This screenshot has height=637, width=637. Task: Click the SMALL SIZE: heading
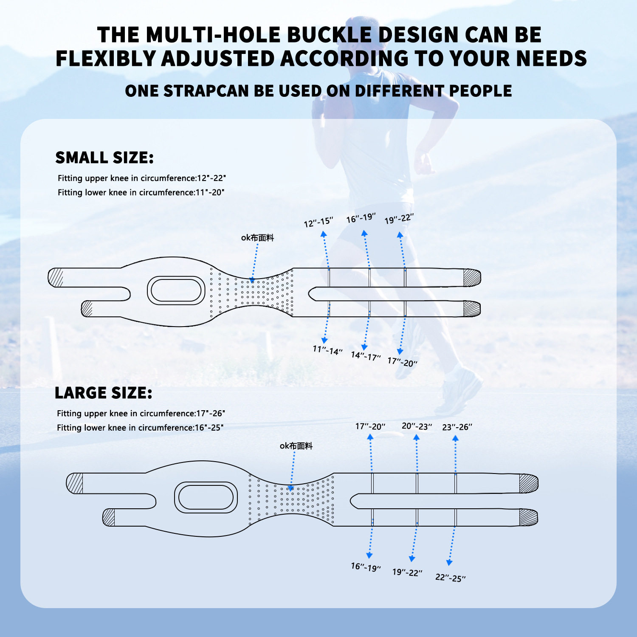[x=104, y=158]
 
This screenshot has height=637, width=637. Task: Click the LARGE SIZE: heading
[x=103, y=393]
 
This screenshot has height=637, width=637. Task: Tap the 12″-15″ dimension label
[x=318, y=222]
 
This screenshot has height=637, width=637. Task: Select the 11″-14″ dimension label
[x=327, y=350]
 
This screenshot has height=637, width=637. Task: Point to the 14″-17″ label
[x=366, y=356]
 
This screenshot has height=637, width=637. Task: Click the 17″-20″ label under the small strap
[x=403, y=362]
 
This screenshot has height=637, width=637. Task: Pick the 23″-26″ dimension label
[x=457, y=427]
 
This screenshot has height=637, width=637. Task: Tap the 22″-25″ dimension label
[x=450, y=578]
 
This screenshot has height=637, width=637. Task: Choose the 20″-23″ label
[x=417, y=426]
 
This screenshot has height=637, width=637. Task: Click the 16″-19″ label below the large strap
[x=366, y=567]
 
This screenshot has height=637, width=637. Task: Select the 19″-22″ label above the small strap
[x=399, y=219]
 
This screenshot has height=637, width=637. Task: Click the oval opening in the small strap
[x=176, y=290]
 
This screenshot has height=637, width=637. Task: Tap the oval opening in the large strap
[x=206, y=496]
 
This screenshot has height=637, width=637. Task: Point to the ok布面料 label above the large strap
[x=296, y=446]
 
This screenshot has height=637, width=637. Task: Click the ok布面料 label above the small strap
[x=257, y=238]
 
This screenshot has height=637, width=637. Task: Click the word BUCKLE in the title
[x=330, y=35]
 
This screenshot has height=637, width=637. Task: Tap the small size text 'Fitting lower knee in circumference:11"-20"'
[x=141, y=192]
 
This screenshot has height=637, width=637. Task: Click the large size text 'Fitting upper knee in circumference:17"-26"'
[x=141, y=413]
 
